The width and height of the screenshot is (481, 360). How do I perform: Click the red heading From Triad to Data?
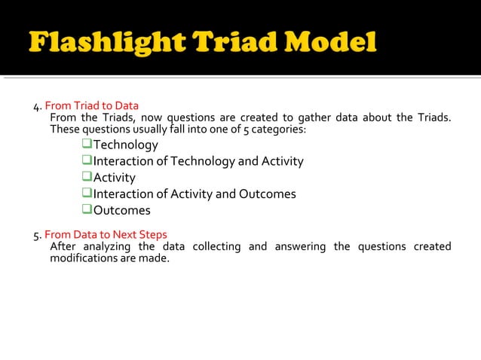tap(91, 105)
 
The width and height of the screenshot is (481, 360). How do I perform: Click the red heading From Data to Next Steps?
tap(106, 234)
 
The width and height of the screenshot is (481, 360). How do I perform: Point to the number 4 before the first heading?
tap(36, 106)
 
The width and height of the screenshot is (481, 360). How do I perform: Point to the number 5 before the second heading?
tap(36, 235)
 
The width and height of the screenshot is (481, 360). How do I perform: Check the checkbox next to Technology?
tap(87, 145)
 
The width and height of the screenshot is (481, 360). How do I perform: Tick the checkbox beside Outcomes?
tap(87, 210)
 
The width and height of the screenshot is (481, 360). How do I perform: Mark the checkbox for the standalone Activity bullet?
tap(87, 178)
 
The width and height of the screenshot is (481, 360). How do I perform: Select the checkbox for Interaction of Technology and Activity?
tap(87, 161)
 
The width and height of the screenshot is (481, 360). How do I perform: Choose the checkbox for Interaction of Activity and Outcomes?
tap(87, 194)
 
